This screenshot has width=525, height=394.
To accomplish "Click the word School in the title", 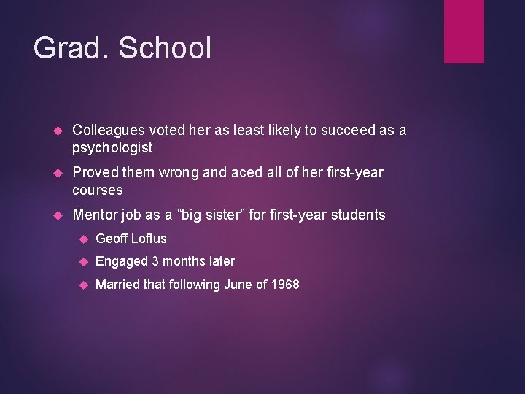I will point(165,49).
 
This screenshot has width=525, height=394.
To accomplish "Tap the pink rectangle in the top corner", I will point(464,31).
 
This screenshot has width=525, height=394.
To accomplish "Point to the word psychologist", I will point(112,148).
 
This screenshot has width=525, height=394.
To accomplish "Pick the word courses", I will point(98,190).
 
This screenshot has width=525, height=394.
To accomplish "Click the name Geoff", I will point(112,238).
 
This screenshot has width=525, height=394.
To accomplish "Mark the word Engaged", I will point(122,261).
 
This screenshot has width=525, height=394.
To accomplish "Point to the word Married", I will point(119,285).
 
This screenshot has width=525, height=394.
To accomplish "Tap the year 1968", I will point(284,285).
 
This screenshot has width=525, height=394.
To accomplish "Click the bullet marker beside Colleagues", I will point(60,131).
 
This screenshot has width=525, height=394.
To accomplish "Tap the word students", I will point(358,215).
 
